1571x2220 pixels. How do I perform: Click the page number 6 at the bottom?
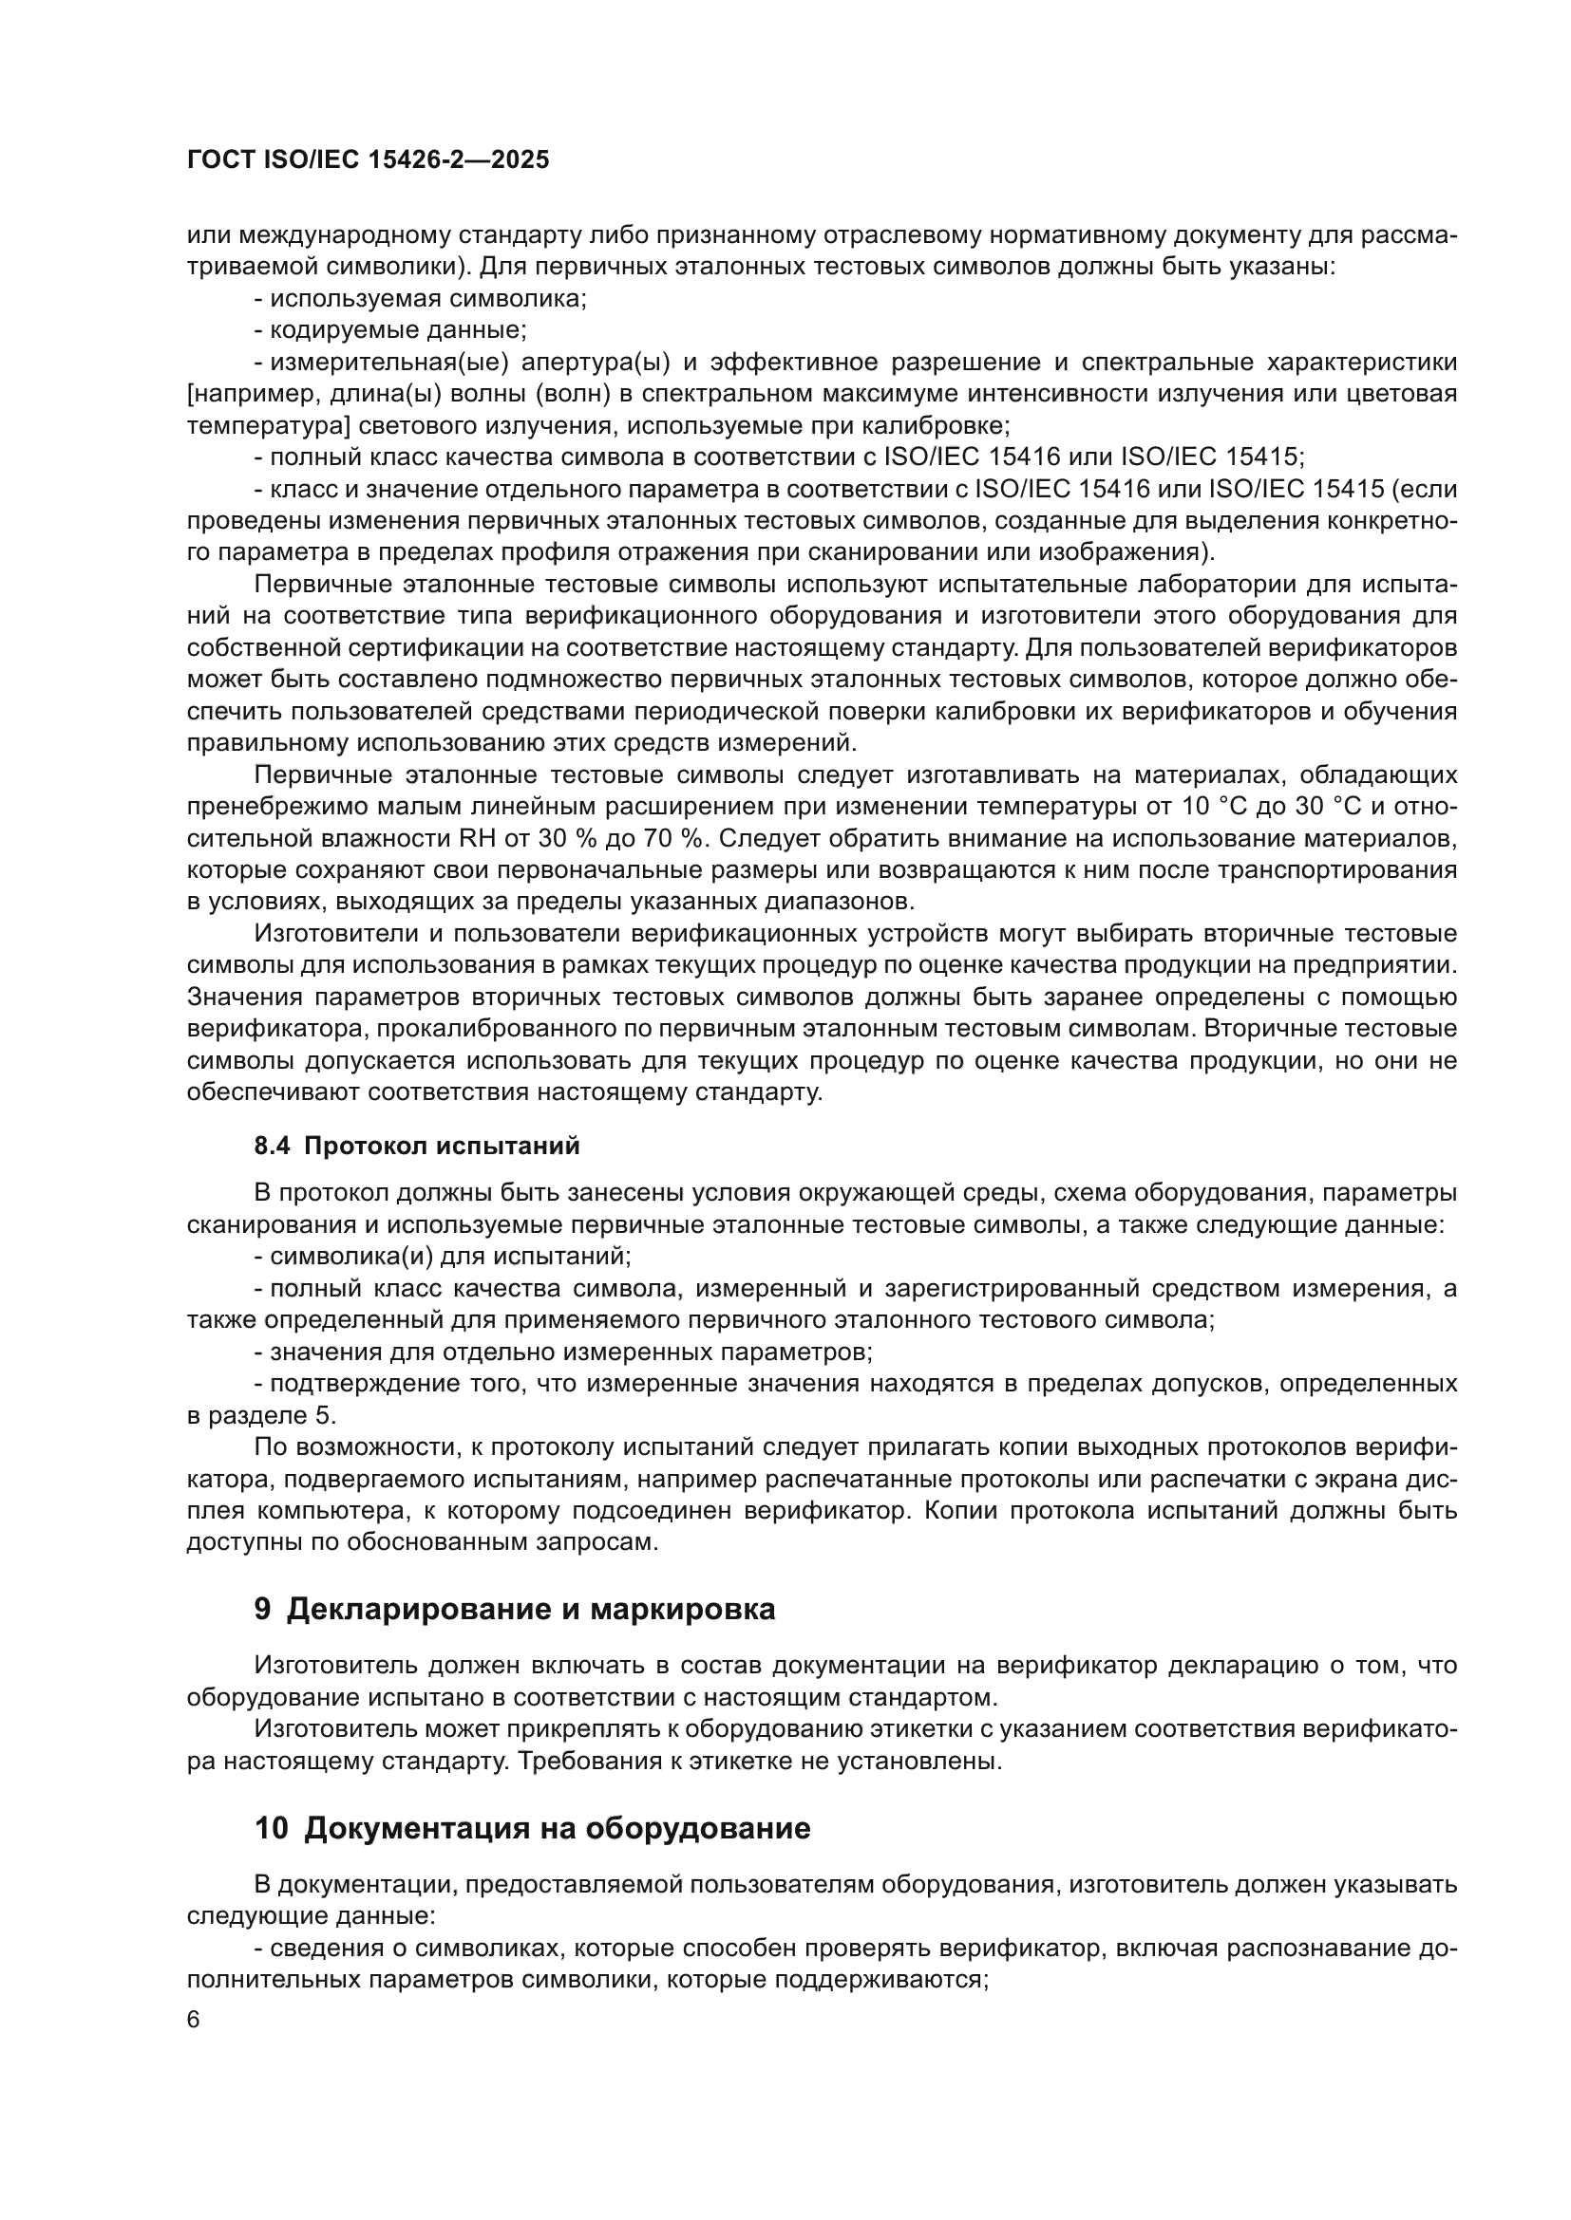[194, 2020]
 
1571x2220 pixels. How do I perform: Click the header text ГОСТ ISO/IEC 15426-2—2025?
[368, 159]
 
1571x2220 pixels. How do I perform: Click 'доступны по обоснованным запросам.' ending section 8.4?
[422, 1542]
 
